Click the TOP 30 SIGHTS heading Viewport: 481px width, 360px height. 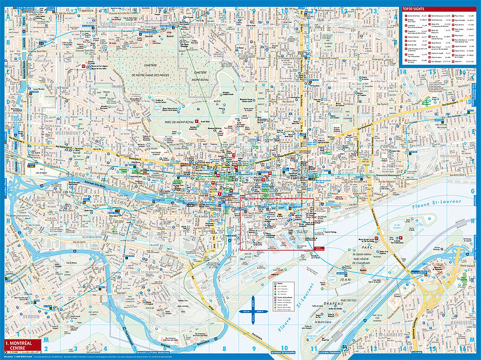pos(414,9)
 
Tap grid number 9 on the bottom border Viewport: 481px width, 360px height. pos(254,349)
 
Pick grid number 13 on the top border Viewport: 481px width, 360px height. pos(373,10)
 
